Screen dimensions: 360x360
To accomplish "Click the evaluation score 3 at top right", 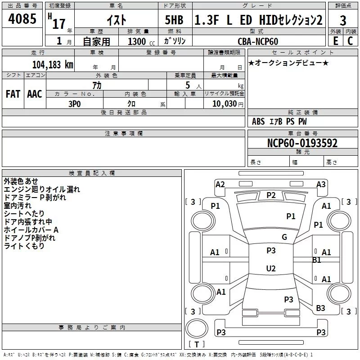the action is (x=343, y=21).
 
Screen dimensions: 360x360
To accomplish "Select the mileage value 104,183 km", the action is (x=53, y=65).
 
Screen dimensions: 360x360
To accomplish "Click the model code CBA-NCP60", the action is (x=258, y=41).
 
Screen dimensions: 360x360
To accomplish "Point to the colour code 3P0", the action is (x=74, y=103).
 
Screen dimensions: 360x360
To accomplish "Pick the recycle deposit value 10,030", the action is (x=224, y=103).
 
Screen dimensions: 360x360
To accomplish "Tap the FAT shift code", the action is (x=13, y=94).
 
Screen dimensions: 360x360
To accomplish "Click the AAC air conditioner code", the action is (x=34, y=94).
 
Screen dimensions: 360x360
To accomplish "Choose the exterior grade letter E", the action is (x=335, y=41).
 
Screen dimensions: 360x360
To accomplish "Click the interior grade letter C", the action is (x=350, y=41).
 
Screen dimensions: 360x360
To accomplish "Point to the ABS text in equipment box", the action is (x=258, y=121).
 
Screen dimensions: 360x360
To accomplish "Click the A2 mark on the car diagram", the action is (x=220, y=184).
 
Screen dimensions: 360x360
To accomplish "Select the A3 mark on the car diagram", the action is (x=321, y=184).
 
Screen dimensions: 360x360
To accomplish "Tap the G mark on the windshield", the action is (x=284, y=237).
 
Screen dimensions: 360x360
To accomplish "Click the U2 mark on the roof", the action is (x=271, y=269).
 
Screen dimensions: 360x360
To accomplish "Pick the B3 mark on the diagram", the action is (x=320, y=308).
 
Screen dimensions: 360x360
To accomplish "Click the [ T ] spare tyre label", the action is (x=197, y=344).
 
